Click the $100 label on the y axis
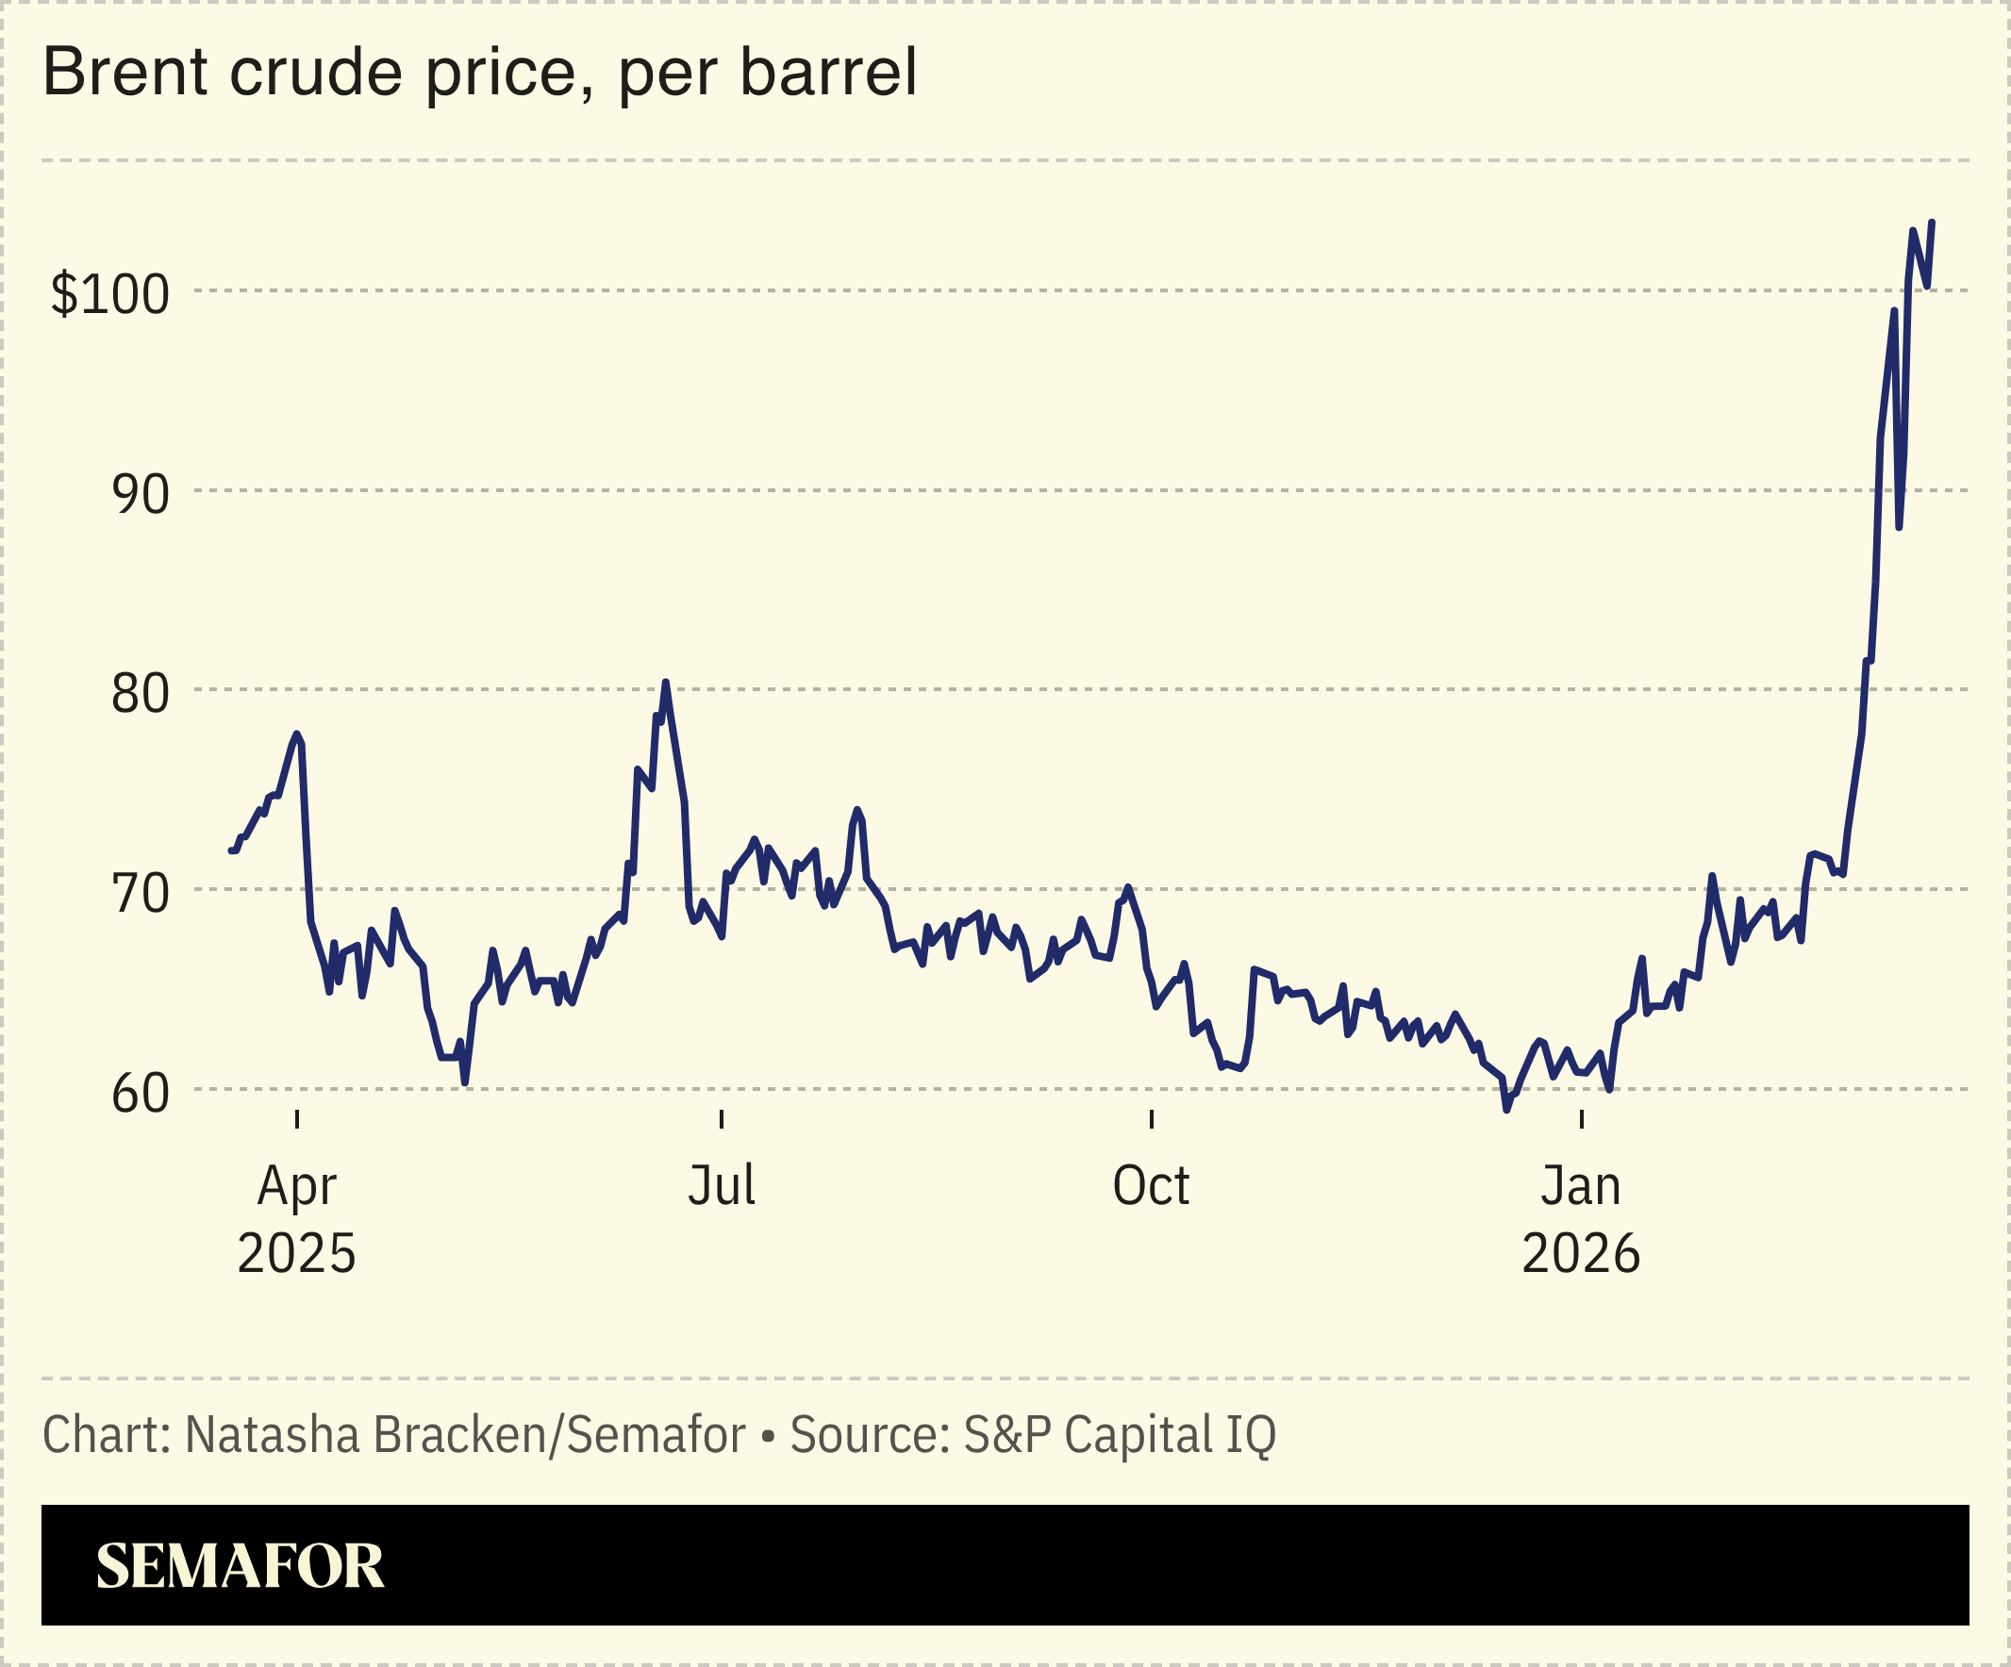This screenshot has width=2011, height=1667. click(110, 294)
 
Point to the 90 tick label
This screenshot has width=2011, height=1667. click(141, 494)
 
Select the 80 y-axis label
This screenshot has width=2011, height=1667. click(141, 693)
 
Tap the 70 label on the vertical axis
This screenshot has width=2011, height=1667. click(141, 893)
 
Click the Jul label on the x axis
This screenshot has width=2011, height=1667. click(721, 1185)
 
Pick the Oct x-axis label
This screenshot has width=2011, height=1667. click(1150, 1185)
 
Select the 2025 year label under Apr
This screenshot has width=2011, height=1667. click(296, 1253)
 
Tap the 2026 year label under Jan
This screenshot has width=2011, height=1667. click(1581, 1253)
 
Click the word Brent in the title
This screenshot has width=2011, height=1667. click(125, 73)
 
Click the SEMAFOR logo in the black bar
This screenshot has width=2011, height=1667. click(240, 1566)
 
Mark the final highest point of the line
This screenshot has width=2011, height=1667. click(1932, 223)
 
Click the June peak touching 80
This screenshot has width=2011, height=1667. click(666, 683)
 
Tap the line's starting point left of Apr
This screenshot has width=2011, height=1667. click(231, 850)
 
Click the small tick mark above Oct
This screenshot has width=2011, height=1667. click(1151, 1119)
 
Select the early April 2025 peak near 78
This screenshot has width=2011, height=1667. click(297, 734)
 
